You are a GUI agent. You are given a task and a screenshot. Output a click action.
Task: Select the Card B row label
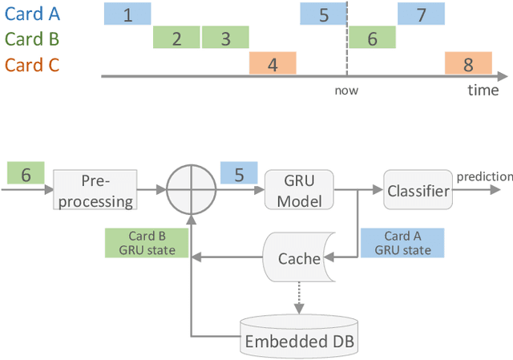(x=33, y=39)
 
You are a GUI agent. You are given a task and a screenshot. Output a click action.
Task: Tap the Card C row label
(x=33, y=65)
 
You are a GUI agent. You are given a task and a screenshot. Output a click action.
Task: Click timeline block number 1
(x=127, y=14)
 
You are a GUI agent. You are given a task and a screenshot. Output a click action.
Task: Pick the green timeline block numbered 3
(x=225, y=38)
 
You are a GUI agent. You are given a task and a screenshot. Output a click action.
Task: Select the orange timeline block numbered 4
(x=273, y=64)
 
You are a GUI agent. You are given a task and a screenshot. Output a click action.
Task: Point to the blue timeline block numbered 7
(x=422, y=14)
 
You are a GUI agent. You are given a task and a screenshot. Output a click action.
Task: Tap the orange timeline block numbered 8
(x=469, y=64)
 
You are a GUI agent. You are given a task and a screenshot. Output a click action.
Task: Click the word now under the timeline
(x=346, y=90)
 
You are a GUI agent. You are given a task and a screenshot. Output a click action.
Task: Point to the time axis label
(x=483, y=90)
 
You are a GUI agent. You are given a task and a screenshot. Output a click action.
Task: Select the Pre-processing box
(x=95, y=191)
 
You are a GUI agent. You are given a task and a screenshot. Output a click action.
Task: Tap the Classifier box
(x=418, y=191)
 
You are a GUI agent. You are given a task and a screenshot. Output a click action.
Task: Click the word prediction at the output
(x=484, y=176)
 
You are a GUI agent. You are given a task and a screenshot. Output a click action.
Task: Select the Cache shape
(x=297, y=258)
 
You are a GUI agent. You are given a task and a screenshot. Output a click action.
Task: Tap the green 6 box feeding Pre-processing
(x=26, y=174)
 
